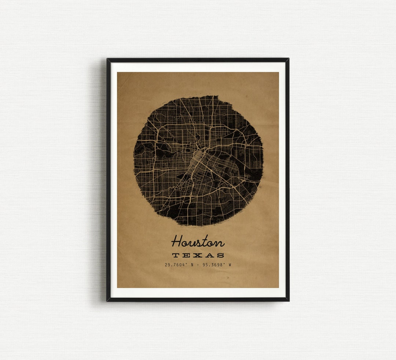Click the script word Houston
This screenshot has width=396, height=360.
[x=198, y=242]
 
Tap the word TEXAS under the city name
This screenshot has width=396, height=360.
[x=198, y=255]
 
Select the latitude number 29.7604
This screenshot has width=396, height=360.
[x=175, y=265]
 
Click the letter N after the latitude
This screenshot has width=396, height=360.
[x=192, y=265]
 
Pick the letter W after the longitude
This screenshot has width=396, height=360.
[x=230, y=265]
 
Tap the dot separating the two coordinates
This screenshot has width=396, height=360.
[x=198, y=265]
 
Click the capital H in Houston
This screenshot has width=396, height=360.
[x=177, y=241]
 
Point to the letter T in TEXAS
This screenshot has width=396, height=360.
[x=176, y=255]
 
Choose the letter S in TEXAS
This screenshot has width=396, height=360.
[x=220, y=255]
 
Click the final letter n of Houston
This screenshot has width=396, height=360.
[x=220, y=243]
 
